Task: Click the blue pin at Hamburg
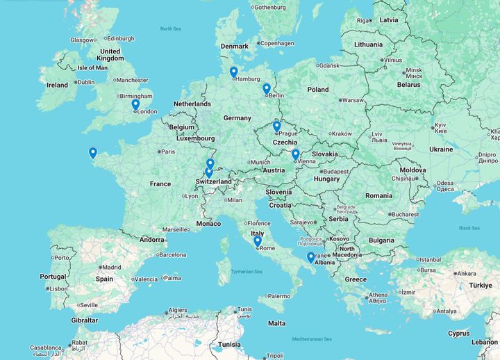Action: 233,72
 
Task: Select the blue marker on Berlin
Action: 267,89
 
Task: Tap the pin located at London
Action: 135,105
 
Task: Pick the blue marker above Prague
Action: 276,126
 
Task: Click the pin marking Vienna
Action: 295,155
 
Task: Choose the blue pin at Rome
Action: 258,242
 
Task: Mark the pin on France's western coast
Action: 92,153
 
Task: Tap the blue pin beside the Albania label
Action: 310,257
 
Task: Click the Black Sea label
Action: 469,228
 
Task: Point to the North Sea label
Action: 170,28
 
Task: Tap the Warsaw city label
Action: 353,100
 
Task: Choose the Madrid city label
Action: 112,267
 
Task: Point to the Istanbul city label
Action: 430,259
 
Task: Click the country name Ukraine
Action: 440,149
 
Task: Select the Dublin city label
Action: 85,82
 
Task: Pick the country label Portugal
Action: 53,277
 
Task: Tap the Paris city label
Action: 168,151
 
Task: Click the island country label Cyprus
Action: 458,333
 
